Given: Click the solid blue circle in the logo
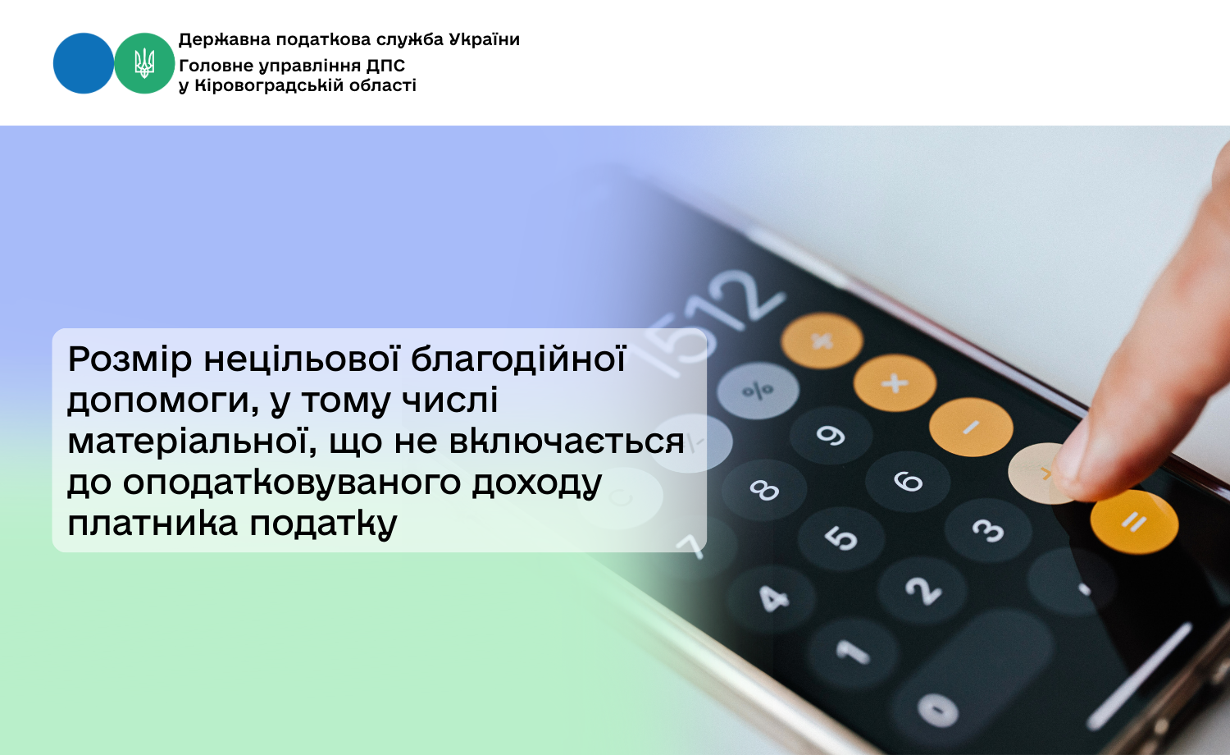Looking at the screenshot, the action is [x=84, y=63].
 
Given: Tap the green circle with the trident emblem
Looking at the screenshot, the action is [x=144, y=63].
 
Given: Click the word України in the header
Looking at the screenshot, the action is [x=485, y=39].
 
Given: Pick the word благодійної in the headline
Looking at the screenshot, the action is [x=518, y=359].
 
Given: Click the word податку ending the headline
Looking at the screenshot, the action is [x=323, y=524].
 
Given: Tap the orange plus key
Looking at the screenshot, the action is [x=895, y=382].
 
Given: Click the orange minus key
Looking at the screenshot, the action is [x=971, y=427].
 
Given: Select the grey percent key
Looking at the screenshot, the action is [x=758, y=391].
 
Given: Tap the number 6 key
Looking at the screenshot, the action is [x=908, y=482].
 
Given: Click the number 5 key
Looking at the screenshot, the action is [x=840, y=537].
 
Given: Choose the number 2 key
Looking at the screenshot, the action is [x=921, y=589].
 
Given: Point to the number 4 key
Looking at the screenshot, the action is [x=772, y=598].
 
